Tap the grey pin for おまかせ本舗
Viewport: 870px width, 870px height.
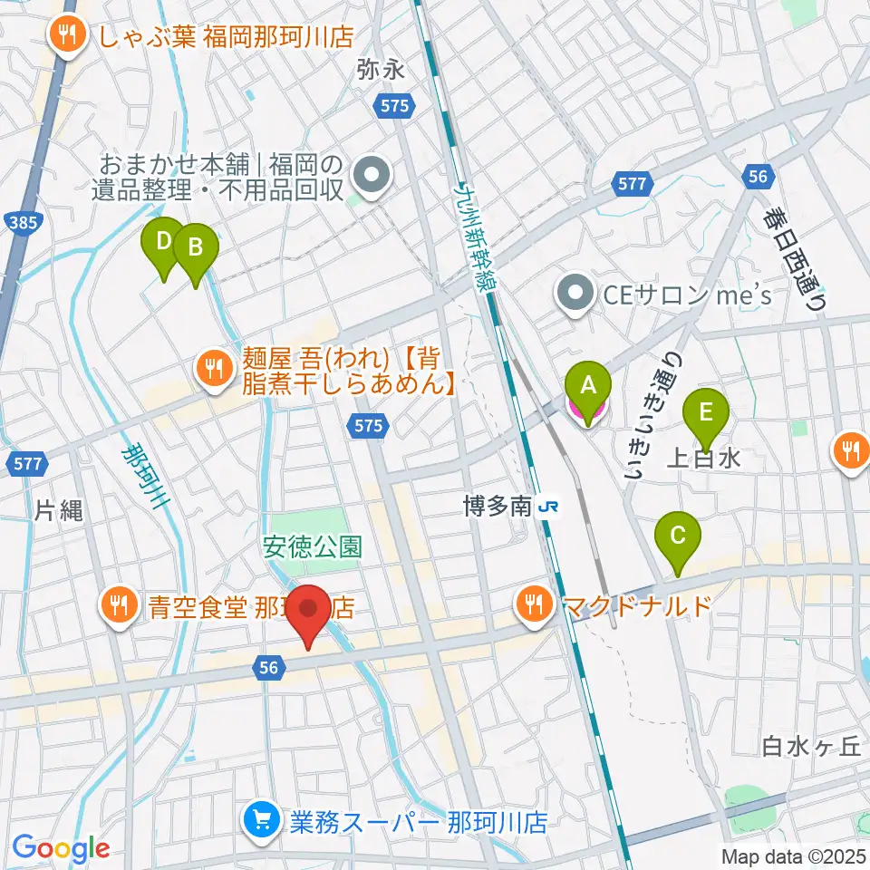371,176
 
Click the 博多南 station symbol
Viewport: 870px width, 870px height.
547,507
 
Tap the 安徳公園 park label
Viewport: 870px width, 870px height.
313,546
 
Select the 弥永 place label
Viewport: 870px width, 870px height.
380,68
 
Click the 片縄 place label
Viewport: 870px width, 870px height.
59,510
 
